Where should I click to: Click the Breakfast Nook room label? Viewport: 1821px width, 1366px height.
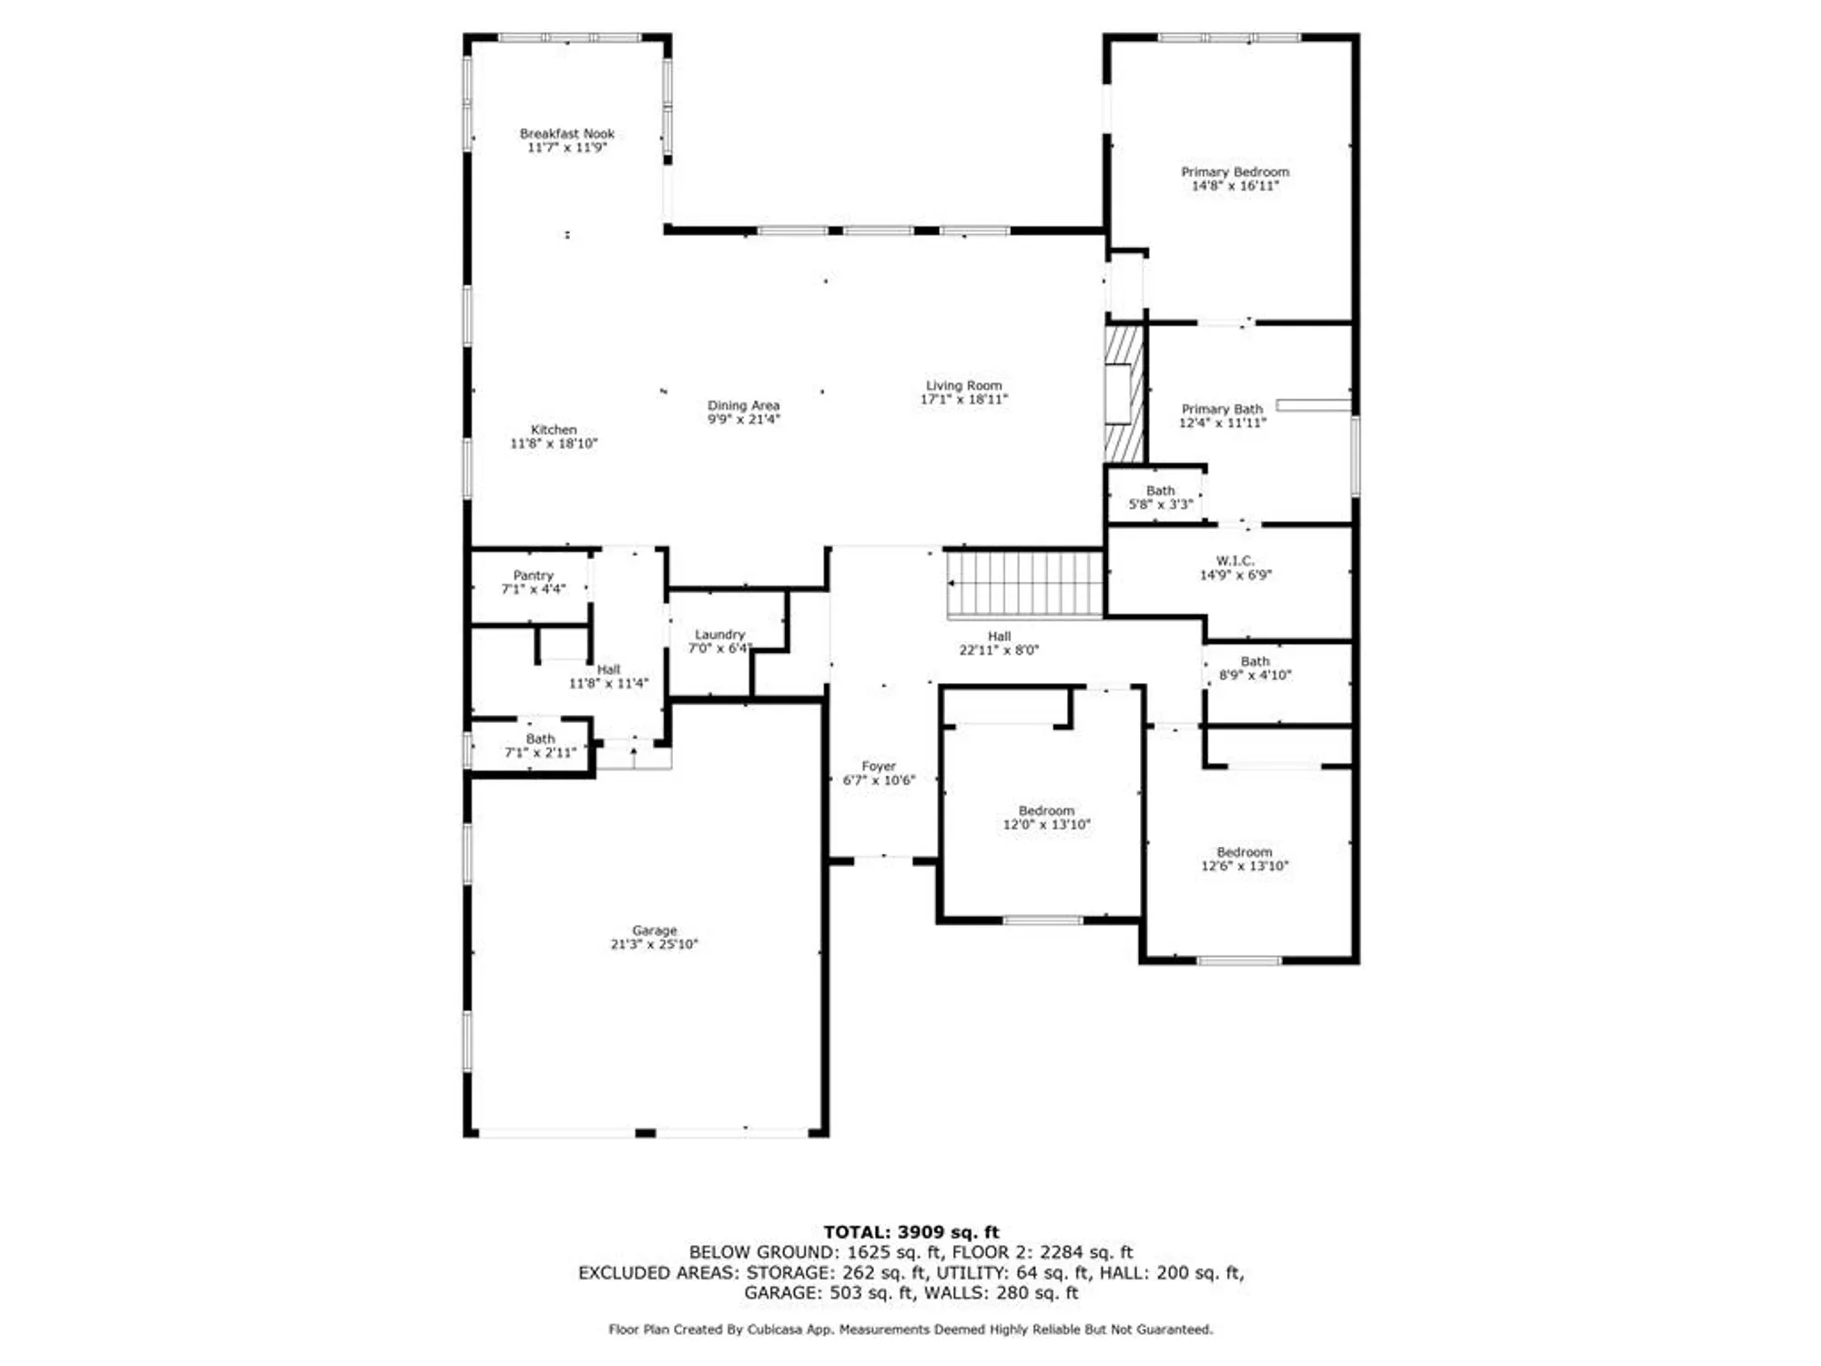(x=566, y=134)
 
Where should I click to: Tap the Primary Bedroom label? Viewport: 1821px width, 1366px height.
(x=1235, y=172)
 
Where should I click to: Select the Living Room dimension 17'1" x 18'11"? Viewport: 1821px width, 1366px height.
(x=963, y=400)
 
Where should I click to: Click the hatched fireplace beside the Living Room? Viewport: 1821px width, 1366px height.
(x=1124, y=393)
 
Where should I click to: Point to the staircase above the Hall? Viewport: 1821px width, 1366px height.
(x=1025, y=584)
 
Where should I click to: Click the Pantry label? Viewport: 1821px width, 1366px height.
(x=533, y=576)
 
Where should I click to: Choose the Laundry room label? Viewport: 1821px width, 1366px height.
(x=719, y=635)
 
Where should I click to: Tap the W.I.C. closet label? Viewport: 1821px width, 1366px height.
(x=1235, y=561)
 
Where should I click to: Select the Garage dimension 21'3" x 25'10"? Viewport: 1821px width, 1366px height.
(x=654, y=944)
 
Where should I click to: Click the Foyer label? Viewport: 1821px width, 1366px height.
(x=879, y=767)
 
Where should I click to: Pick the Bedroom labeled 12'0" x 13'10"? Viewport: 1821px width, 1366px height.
(x=1046, y=810)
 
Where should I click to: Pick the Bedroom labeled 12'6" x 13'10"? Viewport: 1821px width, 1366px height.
(x=1244, y=852)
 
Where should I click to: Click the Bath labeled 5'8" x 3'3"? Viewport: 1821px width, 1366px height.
(x=1160, y=491)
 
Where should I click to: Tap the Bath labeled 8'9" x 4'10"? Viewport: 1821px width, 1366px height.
(x=1255, y=662)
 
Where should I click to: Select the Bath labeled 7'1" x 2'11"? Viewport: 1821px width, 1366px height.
(x=540, y=739)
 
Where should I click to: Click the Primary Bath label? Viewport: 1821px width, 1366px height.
(x=1222, y=410)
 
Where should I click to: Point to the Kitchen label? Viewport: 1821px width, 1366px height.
(x=554, y=430)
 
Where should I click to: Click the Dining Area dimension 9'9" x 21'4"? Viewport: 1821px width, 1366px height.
(x=744, y=420)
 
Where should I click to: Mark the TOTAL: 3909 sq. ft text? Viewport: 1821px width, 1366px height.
(x=910, y=1232)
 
